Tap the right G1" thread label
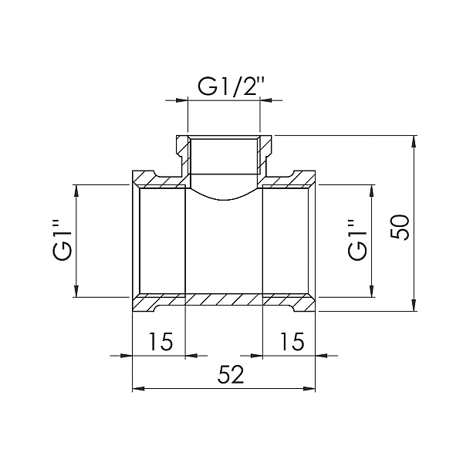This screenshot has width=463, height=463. pyautogui.click(x=356, y=240)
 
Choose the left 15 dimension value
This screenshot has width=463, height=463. pyautogui.click(x=160, y=340)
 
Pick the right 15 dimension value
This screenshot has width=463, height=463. pyautogui.click(x=289, y=340)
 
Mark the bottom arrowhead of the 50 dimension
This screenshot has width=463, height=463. pyautogui.click(x=414, y=306)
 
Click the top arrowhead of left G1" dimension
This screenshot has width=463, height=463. pyautogui.click(x=76, y=190)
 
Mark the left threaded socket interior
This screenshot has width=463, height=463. pyautogui.click(x=162, y=241)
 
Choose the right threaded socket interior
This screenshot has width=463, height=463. pyautogui.click(x=287, y=241)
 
